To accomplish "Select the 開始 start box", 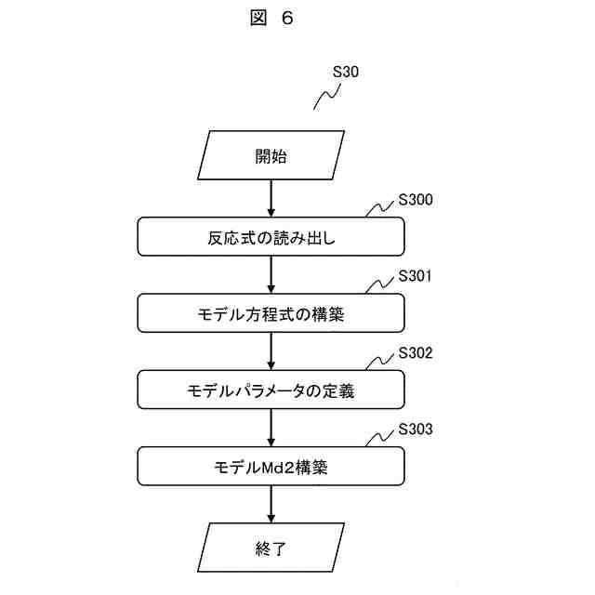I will click(x=271, y=156).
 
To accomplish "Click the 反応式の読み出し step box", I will click(x=271, y=236).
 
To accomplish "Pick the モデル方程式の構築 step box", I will click(x=271, y=313).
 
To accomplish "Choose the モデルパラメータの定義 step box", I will click(x=271, y=390).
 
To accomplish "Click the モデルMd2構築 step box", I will click(x=271, y=467).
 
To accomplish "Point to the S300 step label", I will click(x=416, y=199).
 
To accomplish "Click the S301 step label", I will click(x=416, y=276).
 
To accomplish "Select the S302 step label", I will click(x=416, y=353).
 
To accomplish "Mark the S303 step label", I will click(x=416, y=430).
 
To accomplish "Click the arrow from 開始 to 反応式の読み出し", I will click(x=271, y=198).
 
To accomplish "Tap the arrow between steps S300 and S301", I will click(x=271, y=275).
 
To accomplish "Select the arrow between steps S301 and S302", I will click(x=271, y=352).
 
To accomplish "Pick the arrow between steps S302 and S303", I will click(x=271, y=429).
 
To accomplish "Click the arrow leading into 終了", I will click(x=271, y=505).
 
